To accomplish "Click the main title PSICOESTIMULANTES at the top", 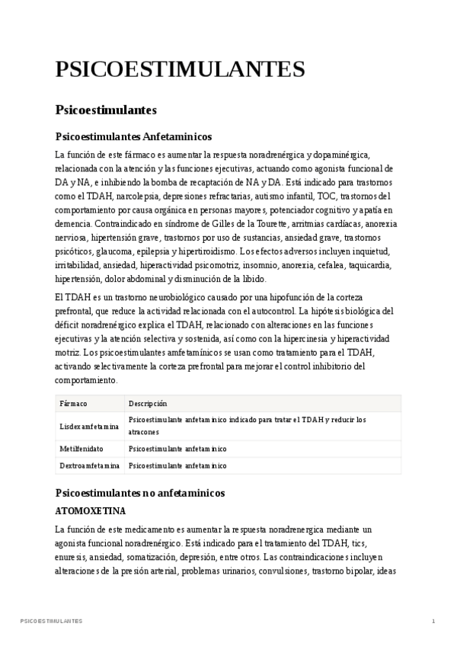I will (180, 69).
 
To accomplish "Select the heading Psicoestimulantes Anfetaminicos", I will (133, 137).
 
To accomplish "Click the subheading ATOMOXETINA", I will (91, 510).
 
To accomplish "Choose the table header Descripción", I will (148, 403).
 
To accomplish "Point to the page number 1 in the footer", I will (433, 622).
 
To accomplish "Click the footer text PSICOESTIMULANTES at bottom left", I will (52, 622).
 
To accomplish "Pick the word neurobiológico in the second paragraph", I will (173, 296).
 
